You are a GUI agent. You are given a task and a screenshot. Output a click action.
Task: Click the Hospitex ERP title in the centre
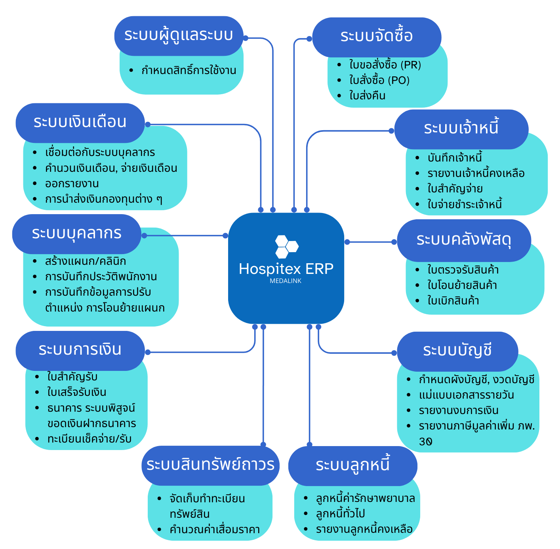[x=286, y=269]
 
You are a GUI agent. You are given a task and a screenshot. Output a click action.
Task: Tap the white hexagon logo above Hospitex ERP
[x=286, y=246]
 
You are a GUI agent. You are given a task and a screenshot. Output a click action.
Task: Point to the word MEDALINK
[x=286, y=281]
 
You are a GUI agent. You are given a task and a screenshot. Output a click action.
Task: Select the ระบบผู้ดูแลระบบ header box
[x=179, y=36]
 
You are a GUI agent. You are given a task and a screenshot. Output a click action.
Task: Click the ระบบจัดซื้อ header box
[x=377, y=37]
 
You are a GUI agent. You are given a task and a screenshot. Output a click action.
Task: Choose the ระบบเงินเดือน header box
[x=80, y=122]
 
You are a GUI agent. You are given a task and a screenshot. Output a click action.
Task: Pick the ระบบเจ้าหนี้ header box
[x=461, y=129]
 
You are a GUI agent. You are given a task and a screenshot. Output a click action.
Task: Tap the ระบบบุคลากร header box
[x=76, y=234]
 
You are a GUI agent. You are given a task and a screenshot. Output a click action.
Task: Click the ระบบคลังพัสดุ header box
[x=464, y=240]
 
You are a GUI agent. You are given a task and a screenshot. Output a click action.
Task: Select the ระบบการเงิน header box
[x=80, y=350]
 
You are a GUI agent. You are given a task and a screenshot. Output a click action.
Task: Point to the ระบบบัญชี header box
[x=457, y=351]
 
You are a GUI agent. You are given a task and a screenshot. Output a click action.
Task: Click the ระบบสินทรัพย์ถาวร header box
[x=210, y=465]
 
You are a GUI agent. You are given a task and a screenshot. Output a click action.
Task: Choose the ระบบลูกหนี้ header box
[x=352, y=465]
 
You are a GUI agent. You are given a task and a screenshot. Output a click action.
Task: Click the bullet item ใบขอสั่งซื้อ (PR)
[x=385, y=65]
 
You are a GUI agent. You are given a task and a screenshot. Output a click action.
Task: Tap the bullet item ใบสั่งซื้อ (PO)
[x=379, y=80]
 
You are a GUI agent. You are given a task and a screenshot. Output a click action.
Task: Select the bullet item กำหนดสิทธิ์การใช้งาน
[x=189, y=70]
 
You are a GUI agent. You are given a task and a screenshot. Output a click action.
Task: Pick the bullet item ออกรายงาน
[x=72, y=184]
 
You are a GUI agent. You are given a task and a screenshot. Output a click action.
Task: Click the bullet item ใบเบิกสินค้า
[x=453, y=301]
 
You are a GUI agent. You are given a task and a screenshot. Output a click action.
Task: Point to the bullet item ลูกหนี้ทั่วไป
[x=341, y=514]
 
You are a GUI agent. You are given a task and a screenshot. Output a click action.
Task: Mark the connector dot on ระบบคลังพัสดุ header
[x=394, y=242]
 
